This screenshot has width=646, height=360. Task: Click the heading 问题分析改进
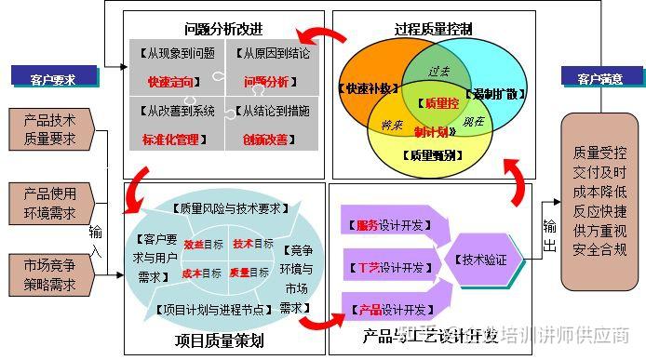(223, 29)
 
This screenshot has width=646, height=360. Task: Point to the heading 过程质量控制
(434, 29)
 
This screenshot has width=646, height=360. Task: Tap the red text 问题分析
(267, 82)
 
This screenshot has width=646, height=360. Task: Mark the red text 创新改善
(268, 139)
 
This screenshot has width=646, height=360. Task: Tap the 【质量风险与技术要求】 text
(224, 207)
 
